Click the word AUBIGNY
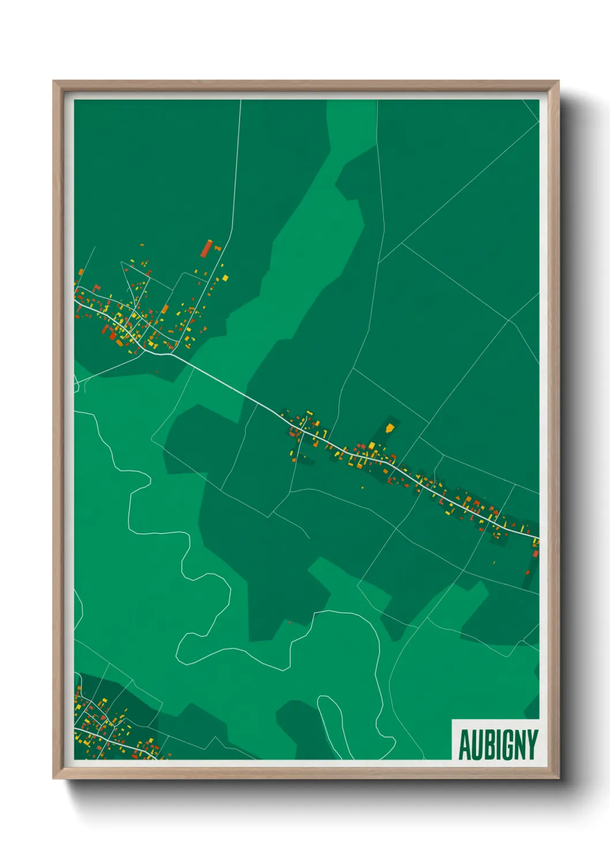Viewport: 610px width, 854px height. tap(498, 744)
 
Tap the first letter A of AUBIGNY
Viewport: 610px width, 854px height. tap(464, 744)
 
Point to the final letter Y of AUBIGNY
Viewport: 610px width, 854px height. tap(533, 744)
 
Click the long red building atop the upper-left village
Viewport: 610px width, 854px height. tap(207, 248)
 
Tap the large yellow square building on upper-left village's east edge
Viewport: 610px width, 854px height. tap(225, 278)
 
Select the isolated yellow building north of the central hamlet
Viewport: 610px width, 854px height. tap(390, 428)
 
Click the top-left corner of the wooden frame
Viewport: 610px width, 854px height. tap(54, 81)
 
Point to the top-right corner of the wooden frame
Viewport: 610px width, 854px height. tap(558, 81)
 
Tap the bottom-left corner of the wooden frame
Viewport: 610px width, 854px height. tap(54, 778)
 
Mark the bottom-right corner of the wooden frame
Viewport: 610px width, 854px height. tap(558, 778)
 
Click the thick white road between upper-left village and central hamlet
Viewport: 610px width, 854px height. tap(231, 384)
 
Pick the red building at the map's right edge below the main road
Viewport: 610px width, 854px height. tap(536, 554)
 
